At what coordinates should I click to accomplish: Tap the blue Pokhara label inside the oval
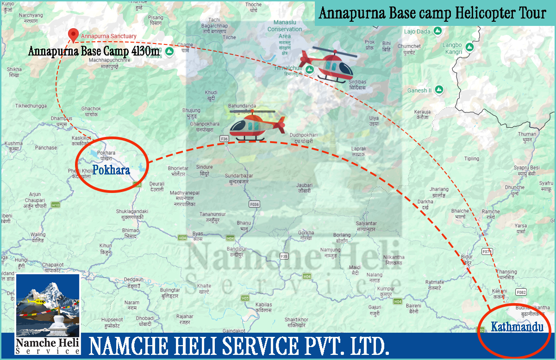point(111,170)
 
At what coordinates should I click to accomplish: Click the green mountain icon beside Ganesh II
point(439,90)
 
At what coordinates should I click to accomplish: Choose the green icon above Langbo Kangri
point(470,47)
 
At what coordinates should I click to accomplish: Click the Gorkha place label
point(306,232)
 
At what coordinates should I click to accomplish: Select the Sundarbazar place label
point(239,176)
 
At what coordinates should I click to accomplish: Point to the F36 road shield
point(225,138)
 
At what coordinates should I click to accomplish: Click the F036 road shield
point(254,204)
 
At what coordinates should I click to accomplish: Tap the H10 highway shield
point(56,205)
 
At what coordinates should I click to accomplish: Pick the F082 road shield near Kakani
point(521,292)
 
